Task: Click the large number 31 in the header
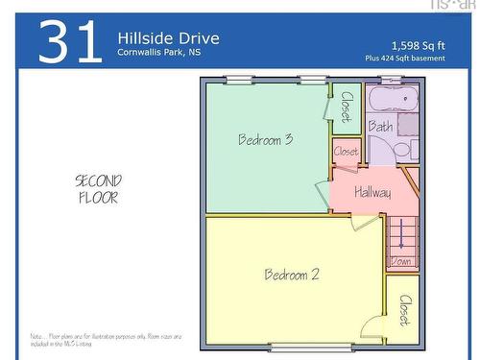coord(70,42)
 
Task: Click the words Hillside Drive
coord(168,38)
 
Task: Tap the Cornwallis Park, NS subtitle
coord(158,54)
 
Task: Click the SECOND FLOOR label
coord(98,189)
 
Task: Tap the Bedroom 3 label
coord(266,139)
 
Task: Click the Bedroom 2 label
coord(292,275)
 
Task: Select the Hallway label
coord(372,193)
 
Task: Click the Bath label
coord(380,126)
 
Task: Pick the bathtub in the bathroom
coord(392,99)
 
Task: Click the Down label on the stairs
coord(401,261)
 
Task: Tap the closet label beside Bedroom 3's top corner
coord(347,106)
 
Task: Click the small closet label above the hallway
coord(346,152)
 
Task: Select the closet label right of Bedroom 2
coord(404,310)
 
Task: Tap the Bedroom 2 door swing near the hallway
coord(366,223)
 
